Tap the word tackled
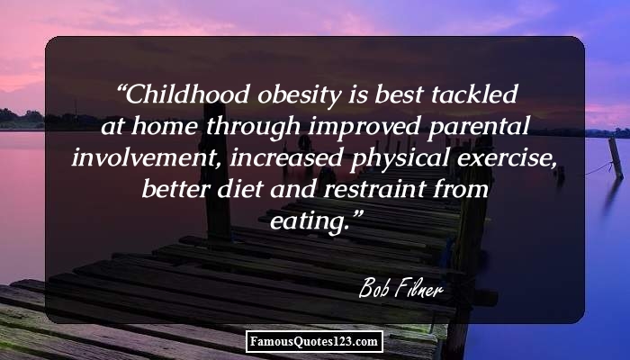(474, 94)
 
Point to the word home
(165, 126)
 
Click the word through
(254, 128)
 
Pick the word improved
(364, 128)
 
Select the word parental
(479, 128)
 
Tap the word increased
(286, 157)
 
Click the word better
(175, 189)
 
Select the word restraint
(374, 189)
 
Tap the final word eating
(308, 222)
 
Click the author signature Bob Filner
(401, 289)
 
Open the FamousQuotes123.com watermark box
(314, 341)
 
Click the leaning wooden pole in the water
(616, 157)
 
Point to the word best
(399, 94)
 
